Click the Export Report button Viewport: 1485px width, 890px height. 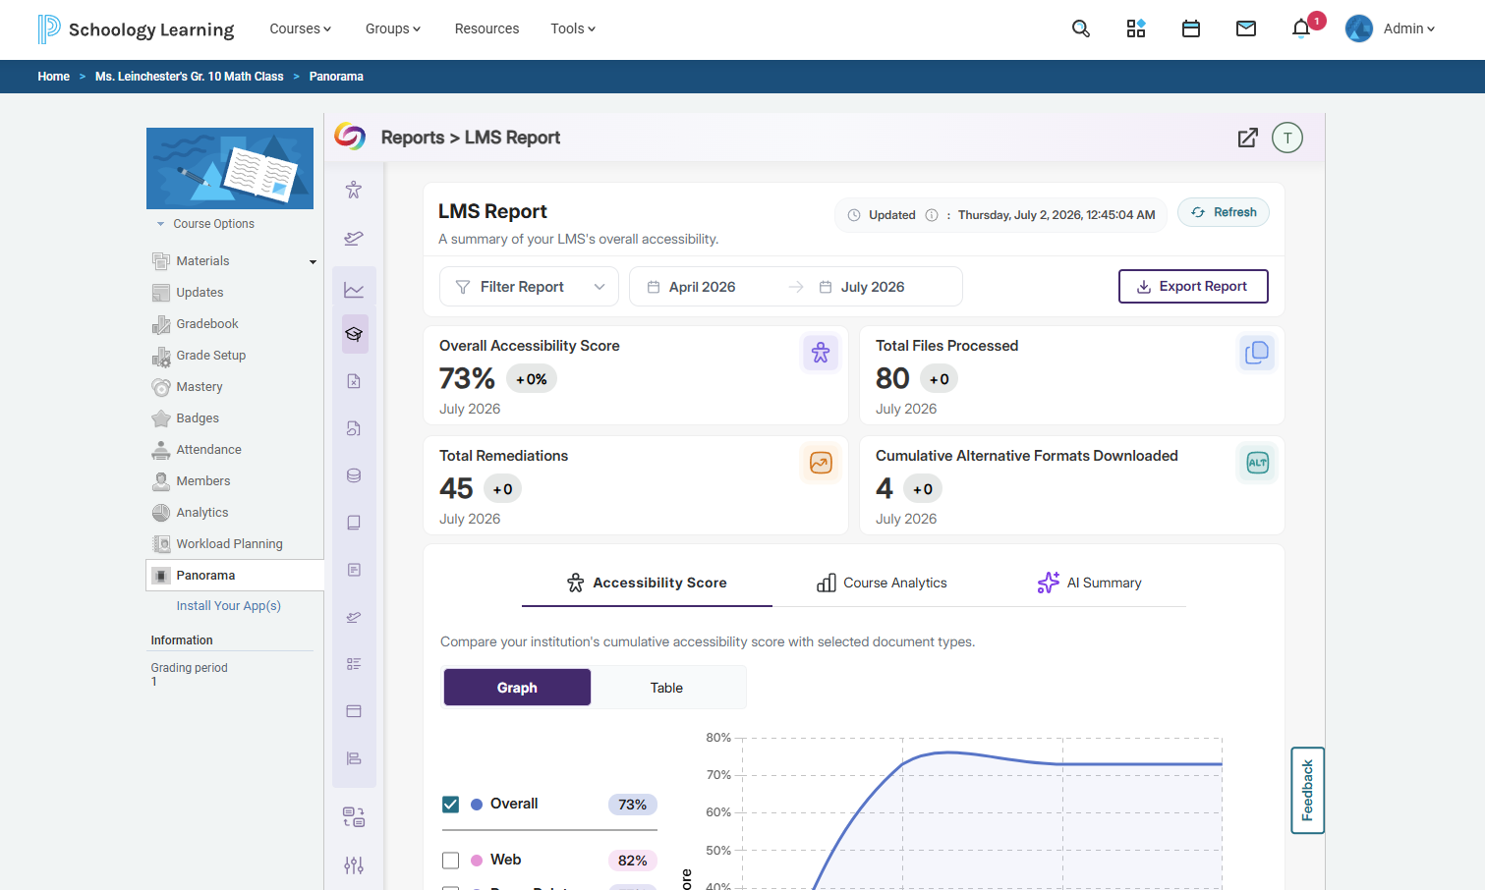pos(1193,286)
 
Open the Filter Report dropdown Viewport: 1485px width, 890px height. pos(529,286)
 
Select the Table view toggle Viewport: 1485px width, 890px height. pos(666,688)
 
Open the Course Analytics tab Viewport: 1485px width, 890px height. pos(881,583)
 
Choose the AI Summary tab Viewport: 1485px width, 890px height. pos(1089,583)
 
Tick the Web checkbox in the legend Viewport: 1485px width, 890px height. pos(450,861)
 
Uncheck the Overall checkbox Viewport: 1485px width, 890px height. pos(450,804)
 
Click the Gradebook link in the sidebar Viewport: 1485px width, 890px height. pos(206,323)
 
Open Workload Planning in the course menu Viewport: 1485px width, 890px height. pos(229,543)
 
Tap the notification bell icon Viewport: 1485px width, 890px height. pos(1300,28)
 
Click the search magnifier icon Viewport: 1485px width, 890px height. pos(1081,28)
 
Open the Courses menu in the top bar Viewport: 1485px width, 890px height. pos(301,28)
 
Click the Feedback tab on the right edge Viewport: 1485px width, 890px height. pos(1307,790)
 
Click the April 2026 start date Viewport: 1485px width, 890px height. pos(702,287)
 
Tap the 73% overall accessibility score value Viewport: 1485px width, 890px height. pos(467,378)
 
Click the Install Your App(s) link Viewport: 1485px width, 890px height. pos(229,606)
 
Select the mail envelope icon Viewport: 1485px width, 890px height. pos(1245,28)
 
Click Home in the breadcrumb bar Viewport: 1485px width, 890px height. pos(54,77)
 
